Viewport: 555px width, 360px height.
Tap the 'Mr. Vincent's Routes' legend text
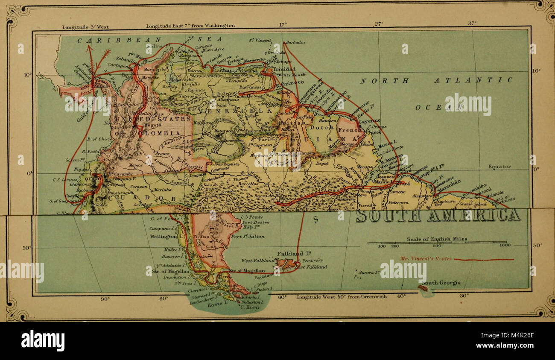pyautogui.click(x=426, y=259)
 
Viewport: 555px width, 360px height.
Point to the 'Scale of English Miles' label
pyautogui.click(x=437, y=239)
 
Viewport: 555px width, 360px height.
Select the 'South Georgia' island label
pyautogui.click(x=441, y=283)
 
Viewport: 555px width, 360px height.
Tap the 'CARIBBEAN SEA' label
pyautogui.click(x=149, y=39)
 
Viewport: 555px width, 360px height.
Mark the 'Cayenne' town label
pyautogui.click(x=369, y=121)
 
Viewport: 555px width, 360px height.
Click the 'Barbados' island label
pyautogui.click(x=295, y=43)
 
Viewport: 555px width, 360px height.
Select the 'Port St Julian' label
pyautogui.click(x=247, y=236)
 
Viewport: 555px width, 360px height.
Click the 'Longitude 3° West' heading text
pyautogui.click(x=85, y=26)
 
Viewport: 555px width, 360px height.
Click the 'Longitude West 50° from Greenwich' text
pyautogui.click(x=342, y=296)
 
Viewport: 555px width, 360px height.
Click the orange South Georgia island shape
pyautogui.click(x=424, y=289)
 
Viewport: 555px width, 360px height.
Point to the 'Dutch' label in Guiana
pyautogui.click(x=321, y=127)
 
